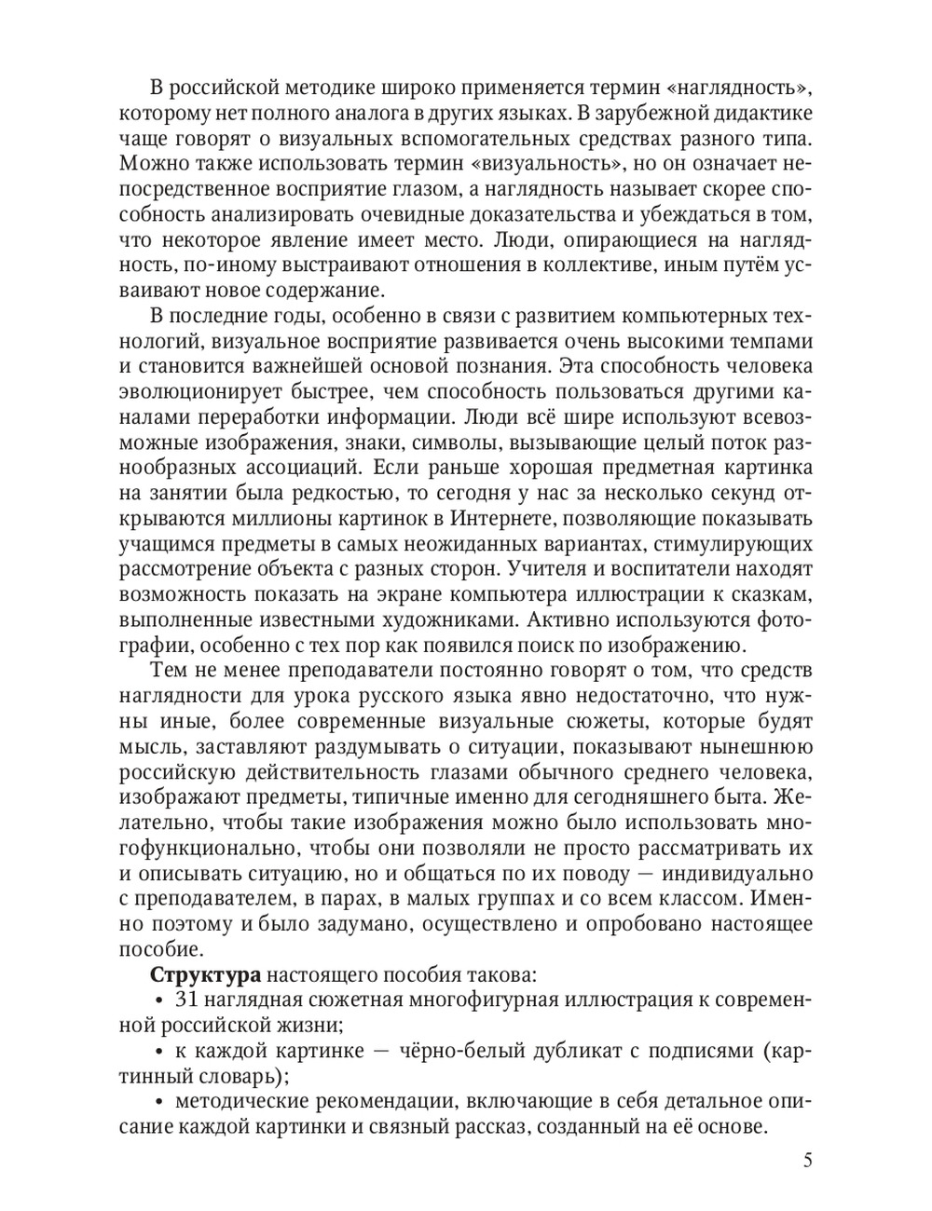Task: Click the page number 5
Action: tap(807, 1161)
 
